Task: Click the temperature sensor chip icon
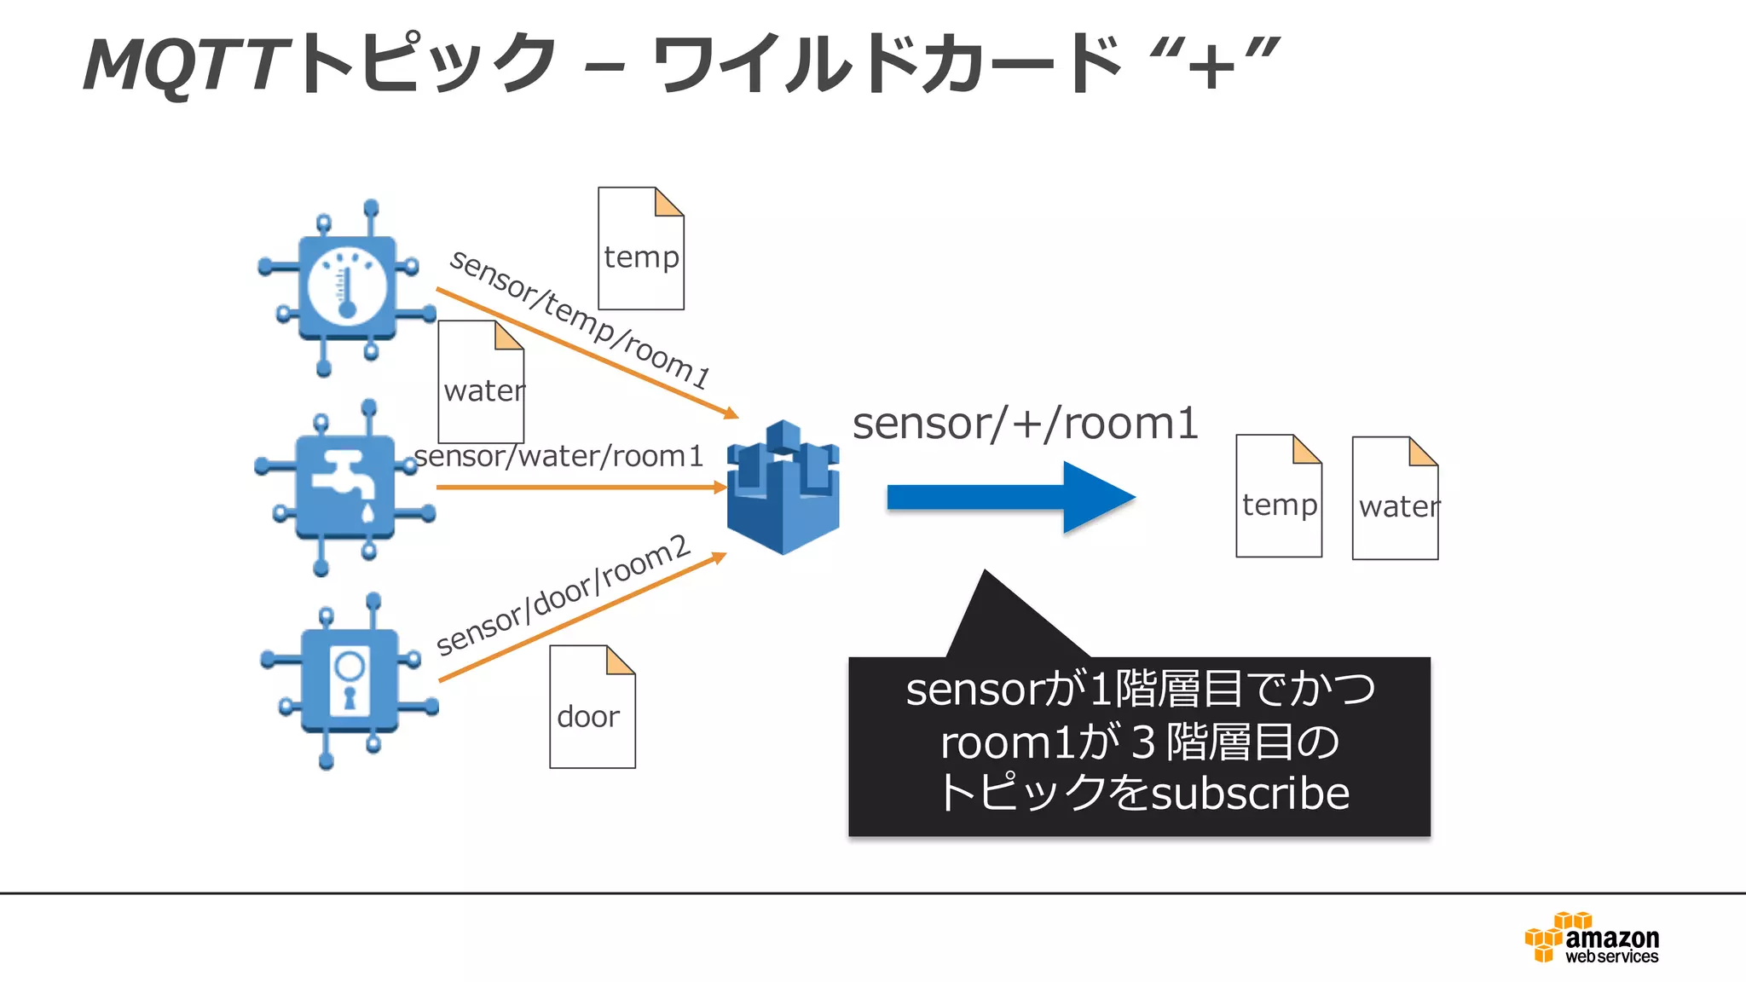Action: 346,288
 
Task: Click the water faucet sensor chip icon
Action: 345,488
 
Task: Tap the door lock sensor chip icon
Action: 350,680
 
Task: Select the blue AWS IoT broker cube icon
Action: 783,488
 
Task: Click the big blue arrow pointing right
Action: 1010,497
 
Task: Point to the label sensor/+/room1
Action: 1026,424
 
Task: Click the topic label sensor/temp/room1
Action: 580,319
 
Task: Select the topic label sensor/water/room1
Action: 558,456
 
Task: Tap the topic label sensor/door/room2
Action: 563,594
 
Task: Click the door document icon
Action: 592,707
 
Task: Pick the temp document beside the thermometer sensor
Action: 640,249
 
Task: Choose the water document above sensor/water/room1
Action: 481,382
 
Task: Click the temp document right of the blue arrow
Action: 1278,496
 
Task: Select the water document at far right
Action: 1395,499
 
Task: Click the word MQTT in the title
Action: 183,65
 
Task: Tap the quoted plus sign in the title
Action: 1213,65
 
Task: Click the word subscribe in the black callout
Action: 1250,794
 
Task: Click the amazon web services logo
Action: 1592,938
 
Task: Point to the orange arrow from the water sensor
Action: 580,488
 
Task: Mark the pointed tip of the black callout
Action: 986,573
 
